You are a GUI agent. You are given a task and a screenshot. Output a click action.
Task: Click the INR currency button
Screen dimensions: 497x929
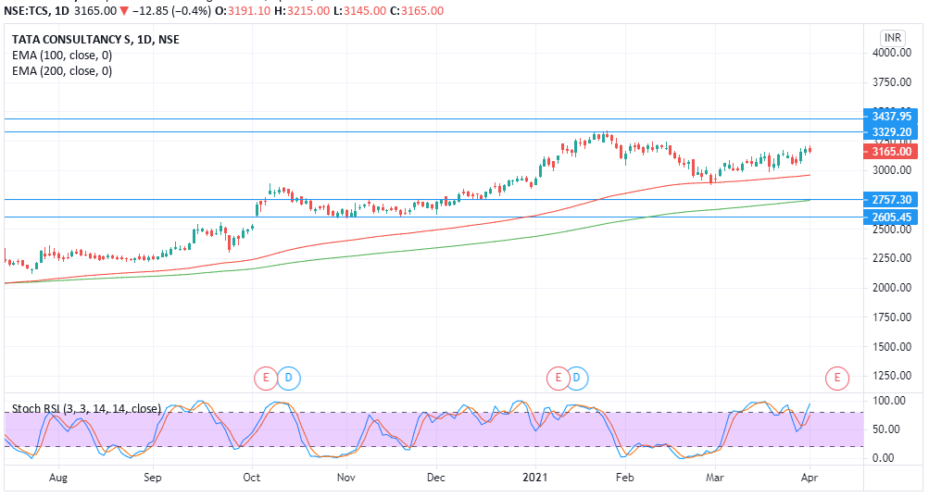pos(892,37)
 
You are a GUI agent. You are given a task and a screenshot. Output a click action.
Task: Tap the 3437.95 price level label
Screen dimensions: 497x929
pos(892,117)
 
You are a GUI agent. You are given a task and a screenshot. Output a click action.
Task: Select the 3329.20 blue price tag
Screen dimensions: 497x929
pos(892,132)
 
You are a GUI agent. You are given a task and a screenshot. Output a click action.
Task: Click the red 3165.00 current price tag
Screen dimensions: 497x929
pos(892,151)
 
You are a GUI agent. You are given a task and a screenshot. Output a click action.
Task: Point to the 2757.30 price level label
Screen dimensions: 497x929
pos(892,200)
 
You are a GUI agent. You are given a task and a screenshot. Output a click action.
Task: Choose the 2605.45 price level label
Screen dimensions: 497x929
pos(892,217)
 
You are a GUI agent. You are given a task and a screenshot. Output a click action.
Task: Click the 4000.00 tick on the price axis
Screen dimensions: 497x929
pos(892,54)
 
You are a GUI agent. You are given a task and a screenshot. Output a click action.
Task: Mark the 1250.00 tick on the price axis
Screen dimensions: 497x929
pos(892,376)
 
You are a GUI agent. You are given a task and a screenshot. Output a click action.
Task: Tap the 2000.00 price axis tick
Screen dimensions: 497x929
pos(892,288)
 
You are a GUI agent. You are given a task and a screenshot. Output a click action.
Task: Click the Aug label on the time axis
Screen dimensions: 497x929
pos(57,478)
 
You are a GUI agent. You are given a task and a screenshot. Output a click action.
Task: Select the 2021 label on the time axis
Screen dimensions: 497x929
pos(535,478)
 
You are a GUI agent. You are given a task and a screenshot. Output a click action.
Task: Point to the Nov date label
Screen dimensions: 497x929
pos(345,478)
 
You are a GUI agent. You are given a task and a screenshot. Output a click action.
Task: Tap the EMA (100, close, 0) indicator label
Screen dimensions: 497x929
pos(62,56)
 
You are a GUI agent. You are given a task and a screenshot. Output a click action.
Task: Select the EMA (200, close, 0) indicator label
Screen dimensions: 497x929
pos(62,70)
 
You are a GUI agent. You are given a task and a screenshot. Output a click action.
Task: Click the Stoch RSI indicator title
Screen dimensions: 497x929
pos(86,408)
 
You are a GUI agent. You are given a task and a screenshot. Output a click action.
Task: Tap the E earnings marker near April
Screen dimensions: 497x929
pos(836,377)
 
